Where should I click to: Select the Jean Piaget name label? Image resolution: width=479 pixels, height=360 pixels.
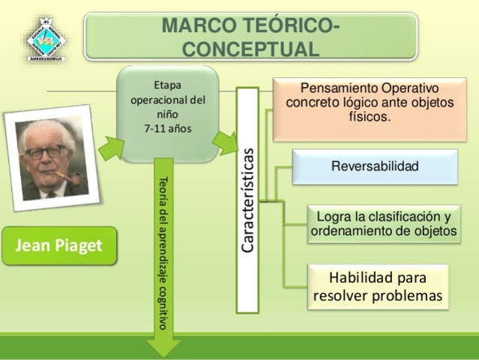point(59,245)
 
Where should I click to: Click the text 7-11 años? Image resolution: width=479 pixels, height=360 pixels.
point(168,128)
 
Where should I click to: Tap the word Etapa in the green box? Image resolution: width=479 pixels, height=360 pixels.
point(168,84)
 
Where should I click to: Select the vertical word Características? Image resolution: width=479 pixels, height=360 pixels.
point(247,199)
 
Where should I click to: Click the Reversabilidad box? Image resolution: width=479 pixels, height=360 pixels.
point(374,166)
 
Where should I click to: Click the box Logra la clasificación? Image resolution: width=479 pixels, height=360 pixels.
point(383,223)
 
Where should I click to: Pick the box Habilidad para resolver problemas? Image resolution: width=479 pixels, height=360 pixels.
point(378,286)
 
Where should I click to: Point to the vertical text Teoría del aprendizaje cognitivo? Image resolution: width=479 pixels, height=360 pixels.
point(163,251)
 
